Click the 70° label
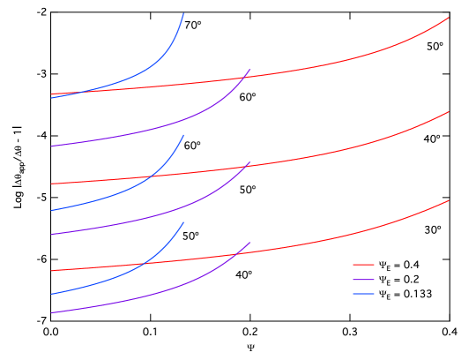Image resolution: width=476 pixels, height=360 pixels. pyautogui.click(x=193, y=26)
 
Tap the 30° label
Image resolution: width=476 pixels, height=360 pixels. pyautogui.click(x=432, y=229)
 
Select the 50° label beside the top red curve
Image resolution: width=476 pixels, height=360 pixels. pyautogui.click(x=435, y=47)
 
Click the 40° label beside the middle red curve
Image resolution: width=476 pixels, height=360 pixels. pyautogui.click(x=431, y=139)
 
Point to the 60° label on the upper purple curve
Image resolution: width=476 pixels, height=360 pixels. pyautogui.click(x=247, y=97)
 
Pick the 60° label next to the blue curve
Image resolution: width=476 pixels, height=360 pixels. pyautogui.click(x=192, y=146)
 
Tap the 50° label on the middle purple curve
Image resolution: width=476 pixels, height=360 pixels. pyautogui.click(x=247, y=190)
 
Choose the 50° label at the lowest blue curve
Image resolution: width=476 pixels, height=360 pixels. pyautogui.click(x=190, y=236)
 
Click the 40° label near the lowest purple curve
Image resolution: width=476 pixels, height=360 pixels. pyautogui.click(x=243, y=275)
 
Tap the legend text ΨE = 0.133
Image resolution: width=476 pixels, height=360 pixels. pyautogui.click(x=405, y=294)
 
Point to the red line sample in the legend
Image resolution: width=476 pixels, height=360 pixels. pyautogui.click(x=363, y=265)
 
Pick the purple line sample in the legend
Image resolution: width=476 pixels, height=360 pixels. pyautogui.click(x=363, y=280)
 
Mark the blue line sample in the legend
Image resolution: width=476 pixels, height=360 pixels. pyautogui.click(x=363, y=294)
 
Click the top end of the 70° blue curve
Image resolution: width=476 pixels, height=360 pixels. pyautogui.click(x=183, y=14)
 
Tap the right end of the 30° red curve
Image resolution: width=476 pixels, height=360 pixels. pyautogui.click(x=449, y=200)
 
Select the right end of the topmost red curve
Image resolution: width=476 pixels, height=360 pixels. pyautogui.click(x=449, y=18)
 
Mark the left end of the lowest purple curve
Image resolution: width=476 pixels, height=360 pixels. pyautogui.click(x=52, y=312)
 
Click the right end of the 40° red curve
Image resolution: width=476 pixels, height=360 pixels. pyautogui.click(x=449, y=112)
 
